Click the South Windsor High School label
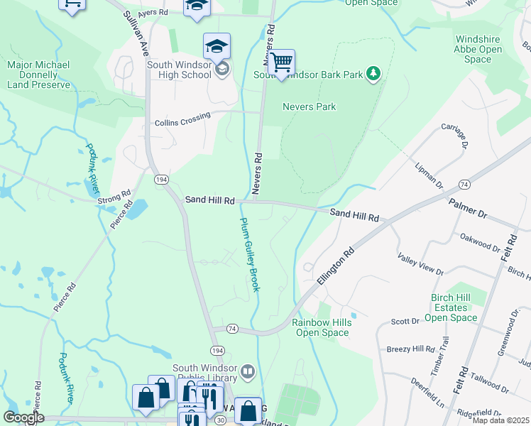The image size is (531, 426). click(x=179, y=70)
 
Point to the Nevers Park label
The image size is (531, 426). click(x=309, y=106)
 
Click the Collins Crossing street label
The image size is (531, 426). click(x=182, y=123)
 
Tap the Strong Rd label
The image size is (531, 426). click(x=116, y=197)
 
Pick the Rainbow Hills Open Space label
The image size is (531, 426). click(x=322, y=327)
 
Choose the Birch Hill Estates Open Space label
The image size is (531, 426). click(x=454, y=307)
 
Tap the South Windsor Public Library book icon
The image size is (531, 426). click(x=247, y=371)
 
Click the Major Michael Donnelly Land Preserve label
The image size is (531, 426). click(x=39, y=75)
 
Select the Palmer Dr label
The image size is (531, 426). click(x=468, y=209)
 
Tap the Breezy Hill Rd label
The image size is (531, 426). click(x=410, y=349)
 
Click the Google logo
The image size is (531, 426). click(x=23, y=417)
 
